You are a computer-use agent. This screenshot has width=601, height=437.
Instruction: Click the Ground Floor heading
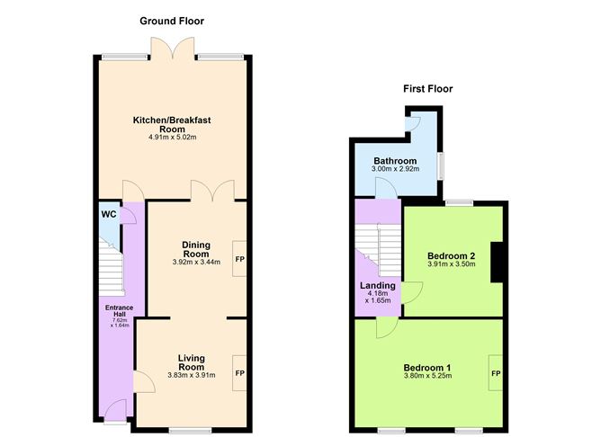coord(172,21)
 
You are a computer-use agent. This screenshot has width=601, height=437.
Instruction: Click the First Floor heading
coord(427,89)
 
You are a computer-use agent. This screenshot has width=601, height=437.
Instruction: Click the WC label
coord(108,215)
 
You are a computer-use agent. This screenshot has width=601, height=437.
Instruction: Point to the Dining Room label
coord(195,248)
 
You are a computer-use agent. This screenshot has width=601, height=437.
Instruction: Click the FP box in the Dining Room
coord(239,259)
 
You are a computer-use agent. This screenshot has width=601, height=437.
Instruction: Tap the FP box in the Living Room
coord(239,372)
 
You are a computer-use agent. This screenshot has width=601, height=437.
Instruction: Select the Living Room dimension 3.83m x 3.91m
coord(192,376)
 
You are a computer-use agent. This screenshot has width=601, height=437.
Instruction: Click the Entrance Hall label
coord(120,310)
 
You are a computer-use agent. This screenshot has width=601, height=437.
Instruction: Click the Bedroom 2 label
coord(451,255)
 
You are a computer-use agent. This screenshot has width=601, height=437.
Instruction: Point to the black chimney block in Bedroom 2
coord(495,263)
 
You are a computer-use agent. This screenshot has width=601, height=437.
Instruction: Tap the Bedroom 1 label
coord(427,368)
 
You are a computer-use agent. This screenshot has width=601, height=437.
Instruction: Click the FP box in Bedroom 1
coord(496,372)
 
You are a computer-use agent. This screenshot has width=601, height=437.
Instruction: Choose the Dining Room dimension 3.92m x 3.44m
coord(195,263)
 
